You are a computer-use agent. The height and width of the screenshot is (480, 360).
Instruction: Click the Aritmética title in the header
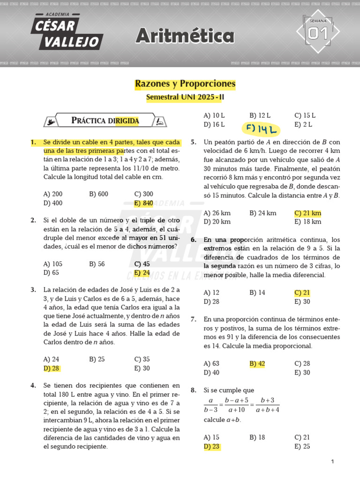(185, 36)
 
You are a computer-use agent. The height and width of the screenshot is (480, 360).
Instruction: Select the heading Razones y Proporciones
(185, 84)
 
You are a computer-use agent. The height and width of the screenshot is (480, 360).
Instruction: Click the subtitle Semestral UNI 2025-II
(185, 97)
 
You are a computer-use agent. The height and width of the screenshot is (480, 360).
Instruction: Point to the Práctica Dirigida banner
(105, 120)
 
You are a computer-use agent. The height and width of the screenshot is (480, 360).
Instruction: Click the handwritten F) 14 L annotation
(261, 128)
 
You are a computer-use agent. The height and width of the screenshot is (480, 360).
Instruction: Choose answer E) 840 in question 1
(143, 203)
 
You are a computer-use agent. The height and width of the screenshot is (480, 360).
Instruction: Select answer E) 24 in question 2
(142, 272)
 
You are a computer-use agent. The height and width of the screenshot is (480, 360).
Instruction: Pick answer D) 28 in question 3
(52, 368)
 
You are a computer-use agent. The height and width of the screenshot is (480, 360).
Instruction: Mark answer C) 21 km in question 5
(307, 213)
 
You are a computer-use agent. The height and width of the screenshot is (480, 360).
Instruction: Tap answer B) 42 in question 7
(257, 363)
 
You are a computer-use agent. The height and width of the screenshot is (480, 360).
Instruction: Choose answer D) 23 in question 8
(212, 446)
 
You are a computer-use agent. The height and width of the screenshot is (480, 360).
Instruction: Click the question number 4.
(33, 385)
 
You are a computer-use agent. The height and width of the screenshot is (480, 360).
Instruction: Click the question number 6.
(193, 240)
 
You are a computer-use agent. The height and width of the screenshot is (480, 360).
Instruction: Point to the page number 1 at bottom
(332, 462)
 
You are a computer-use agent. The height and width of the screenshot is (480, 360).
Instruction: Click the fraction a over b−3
(211, 405)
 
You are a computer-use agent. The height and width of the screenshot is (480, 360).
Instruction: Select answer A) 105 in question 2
(53, 264)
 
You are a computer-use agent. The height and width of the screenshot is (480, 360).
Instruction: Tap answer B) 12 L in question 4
(260, 115)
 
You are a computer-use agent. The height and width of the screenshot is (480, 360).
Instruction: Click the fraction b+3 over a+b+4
(268, 405)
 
